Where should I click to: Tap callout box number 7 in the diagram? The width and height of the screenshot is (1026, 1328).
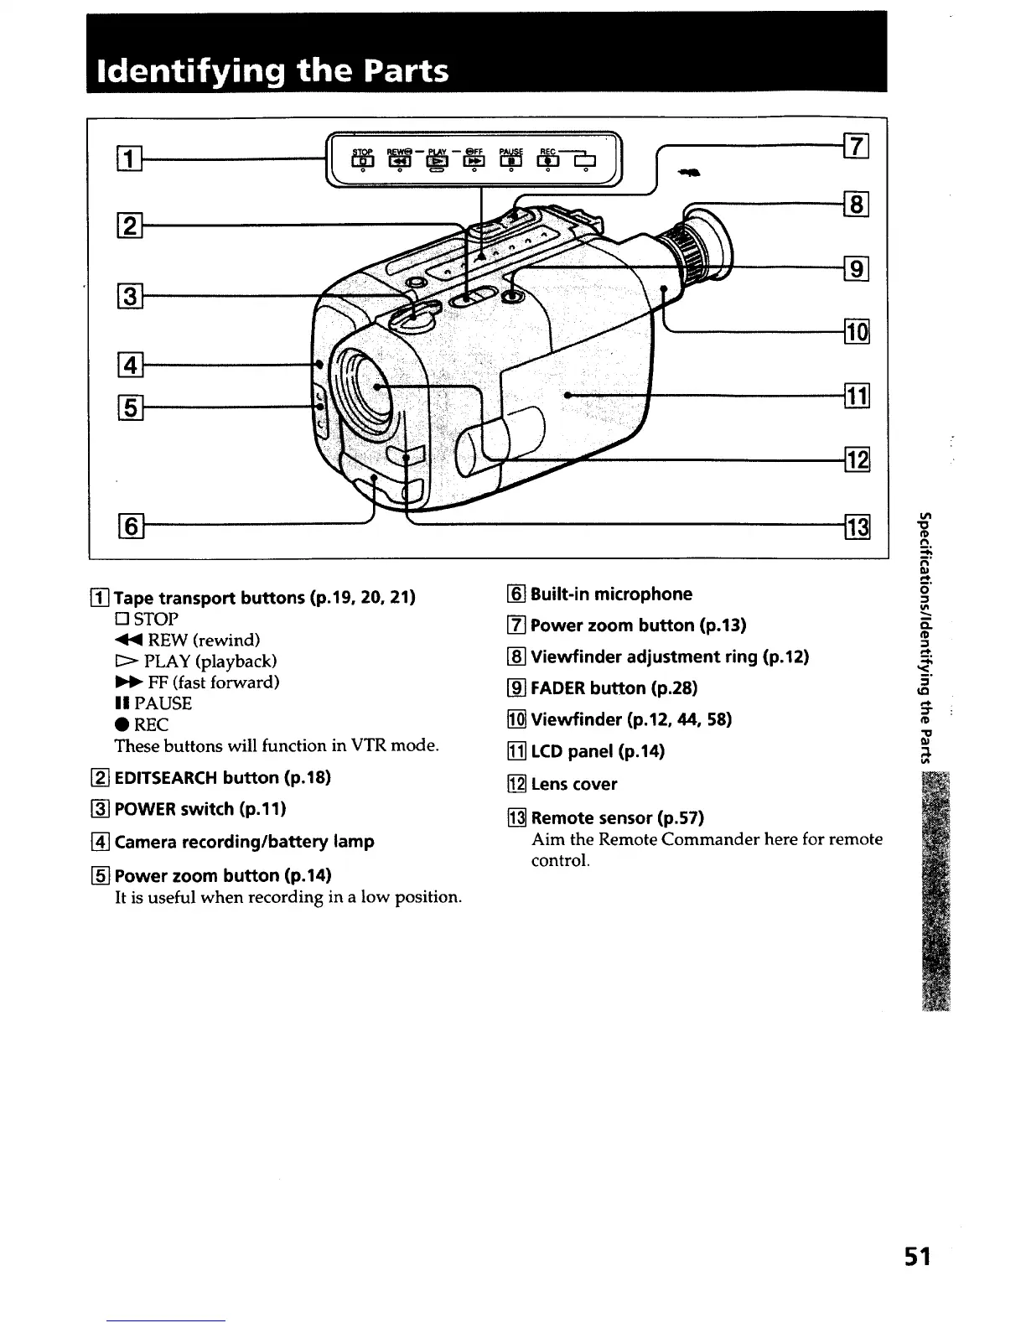pyautogui.click(x=857, y=146)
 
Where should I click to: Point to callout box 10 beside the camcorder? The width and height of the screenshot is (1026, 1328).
pyautogui.click(x=857, y=332)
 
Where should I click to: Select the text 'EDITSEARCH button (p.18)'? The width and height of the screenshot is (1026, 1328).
pyautogui.click(x=222, y=777)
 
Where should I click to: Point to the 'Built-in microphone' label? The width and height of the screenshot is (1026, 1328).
pyautogui.click(x=611, y=594)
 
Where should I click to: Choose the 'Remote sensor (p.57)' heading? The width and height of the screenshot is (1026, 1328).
pyautogui.click(x=617, y=817)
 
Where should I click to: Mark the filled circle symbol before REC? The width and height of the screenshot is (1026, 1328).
pyautogui.click(x=121, y=725)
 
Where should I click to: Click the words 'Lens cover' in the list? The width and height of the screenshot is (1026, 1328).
pyautogui.click(x=573, y=785)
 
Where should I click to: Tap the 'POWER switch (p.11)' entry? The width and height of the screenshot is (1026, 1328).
pyautogui.click(x=199, y=809)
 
